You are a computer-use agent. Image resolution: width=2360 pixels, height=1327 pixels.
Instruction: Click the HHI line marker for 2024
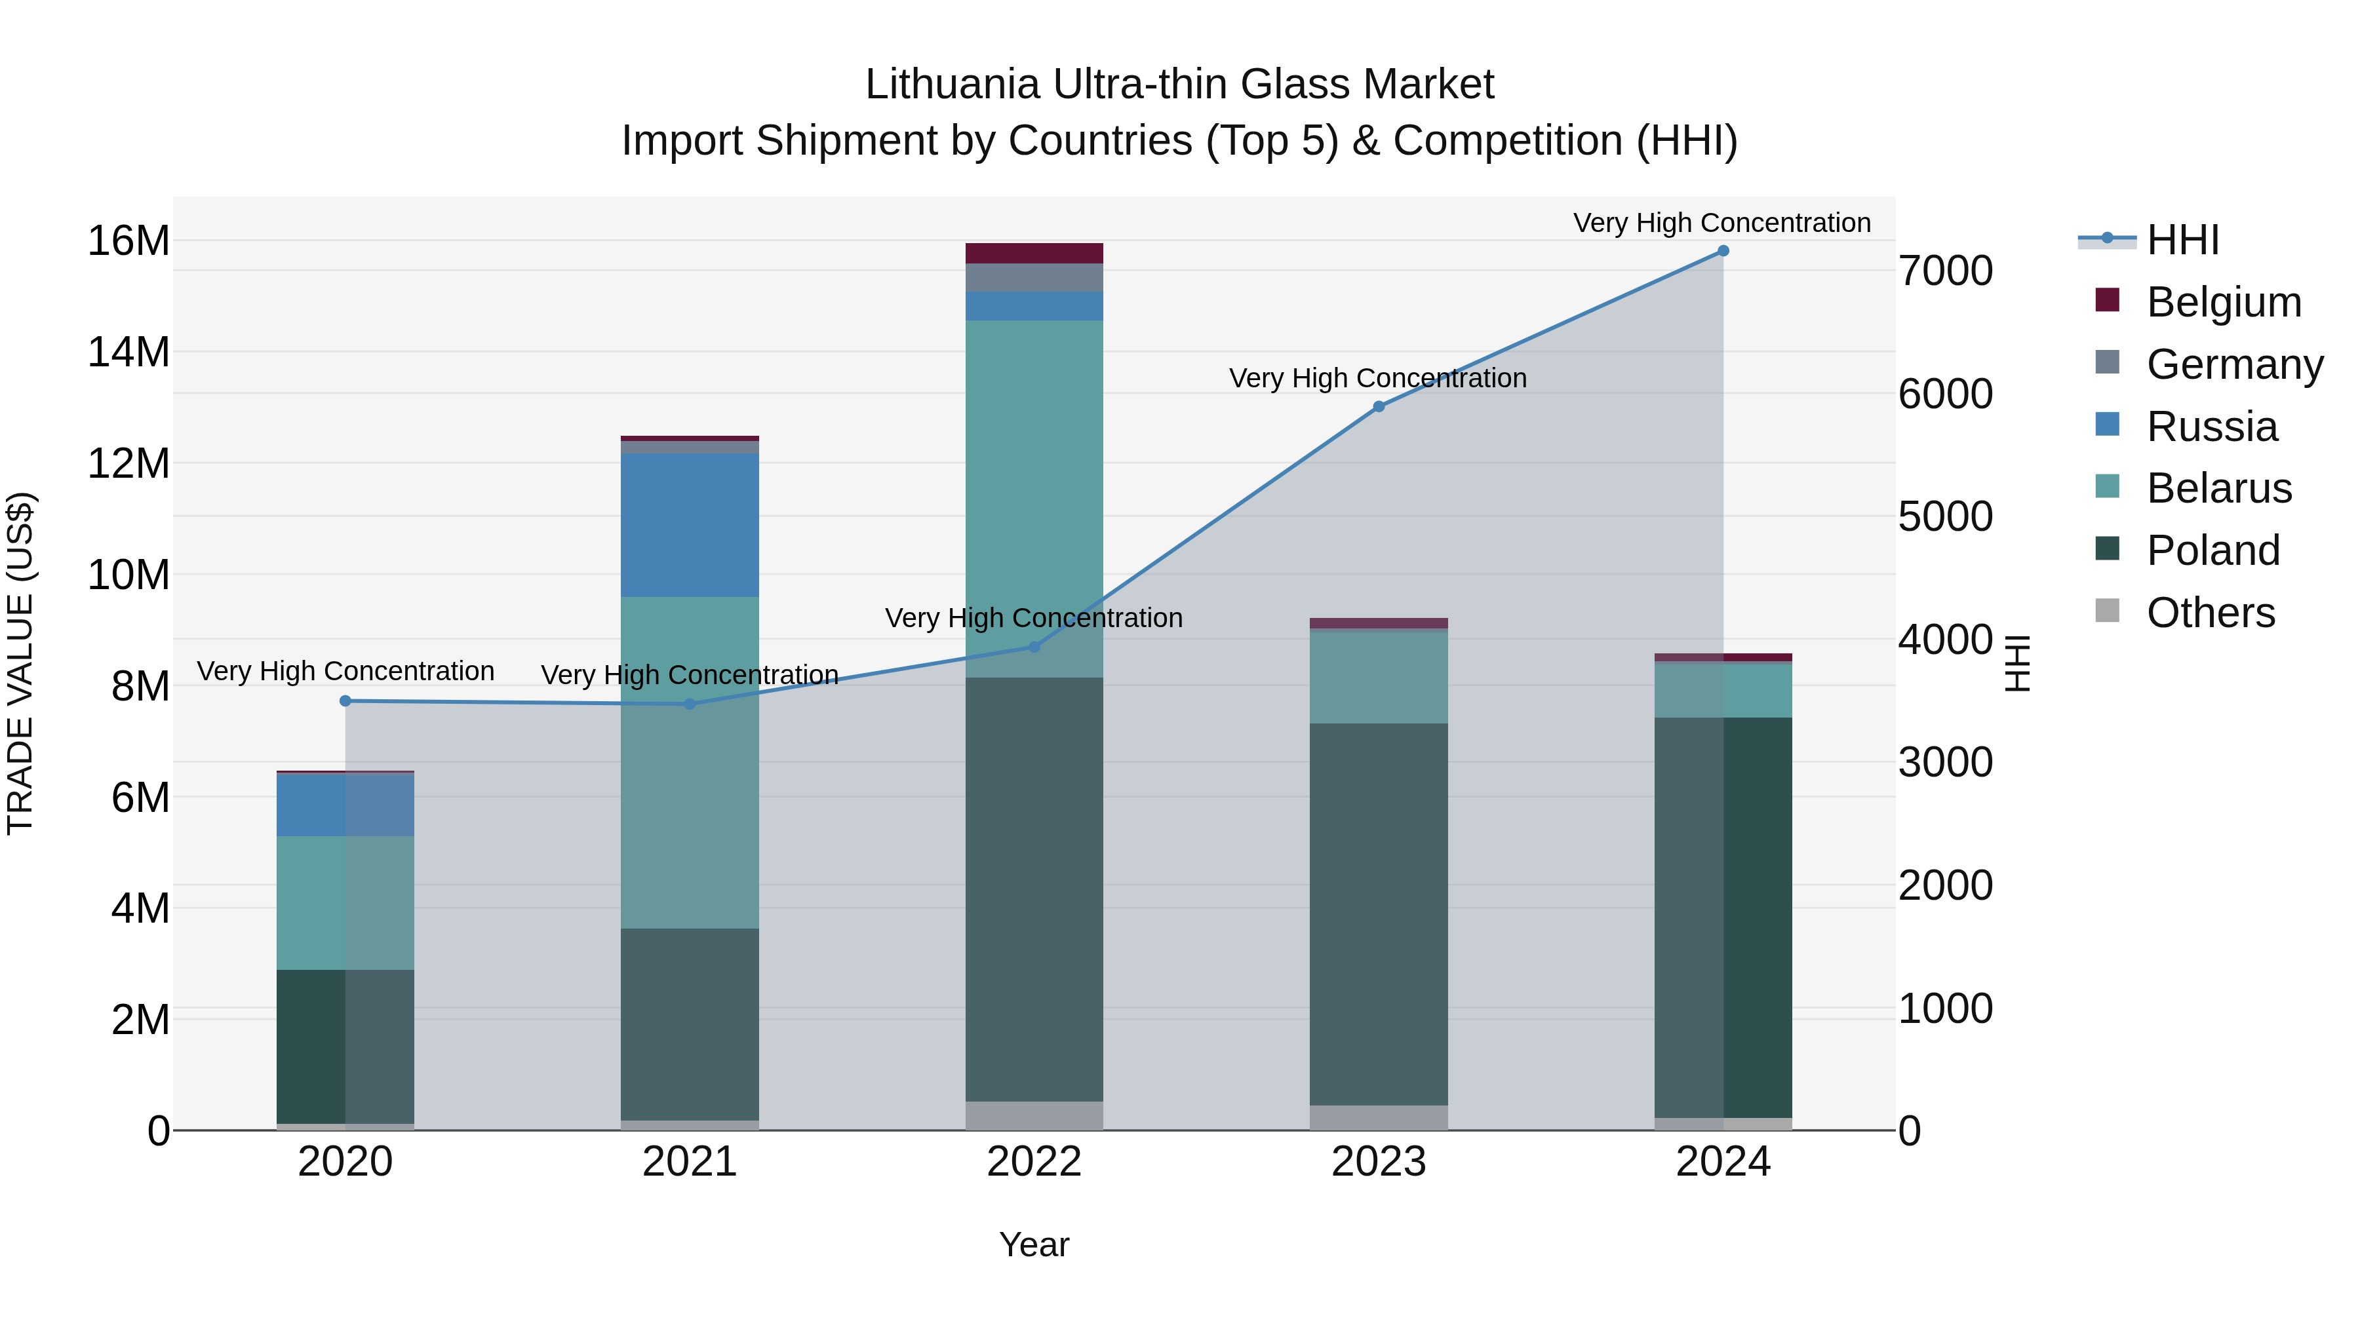pyautogui.click(x=1722, y=251)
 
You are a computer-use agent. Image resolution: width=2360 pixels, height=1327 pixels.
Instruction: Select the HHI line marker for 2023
pyautogui.click(x=1379, y=406)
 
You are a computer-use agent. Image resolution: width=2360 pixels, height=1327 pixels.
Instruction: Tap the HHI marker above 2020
pyautogui.click(x=345, y=701)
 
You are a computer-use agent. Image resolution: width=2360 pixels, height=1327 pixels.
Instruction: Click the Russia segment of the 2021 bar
pyautogui.click(x=690, y=525)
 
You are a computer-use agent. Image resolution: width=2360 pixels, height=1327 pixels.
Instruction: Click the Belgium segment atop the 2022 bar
pyautogui.click(x=1034, y=253)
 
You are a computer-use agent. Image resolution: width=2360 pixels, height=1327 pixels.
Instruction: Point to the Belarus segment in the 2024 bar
pyautogui.click(x=1722, y=691)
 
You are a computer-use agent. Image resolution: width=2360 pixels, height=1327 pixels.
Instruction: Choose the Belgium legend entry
pyautogui.click(x=2224, y=302)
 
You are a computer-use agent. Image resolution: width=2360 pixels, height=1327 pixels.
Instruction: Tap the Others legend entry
pyautogui.click(x=2211, y=613)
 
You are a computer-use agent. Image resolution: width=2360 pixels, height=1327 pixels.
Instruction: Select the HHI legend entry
pyautogui.click(x=2182, y=240)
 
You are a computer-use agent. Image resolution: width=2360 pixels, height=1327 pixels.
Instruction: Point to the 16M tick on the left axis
pyautogui.click(x=128, y=241)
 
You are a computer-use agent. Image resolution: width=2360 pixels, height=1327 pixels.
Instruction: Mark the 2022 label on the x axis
pyautogui.click(x=1034, y=1162)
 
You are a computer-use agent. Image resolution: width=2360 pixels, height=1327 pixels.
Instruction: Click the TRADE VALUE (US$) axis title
pyautogui.click(x=20, y=663)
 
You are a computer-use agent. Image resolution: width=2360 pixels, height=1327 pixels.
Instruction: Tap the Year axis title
pyautogui.click(x=1034, y=1244)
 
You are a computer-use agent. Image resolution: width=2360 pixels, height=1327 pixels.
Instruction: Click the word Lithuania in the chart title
pyautogui.click(x=953, y=85)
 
